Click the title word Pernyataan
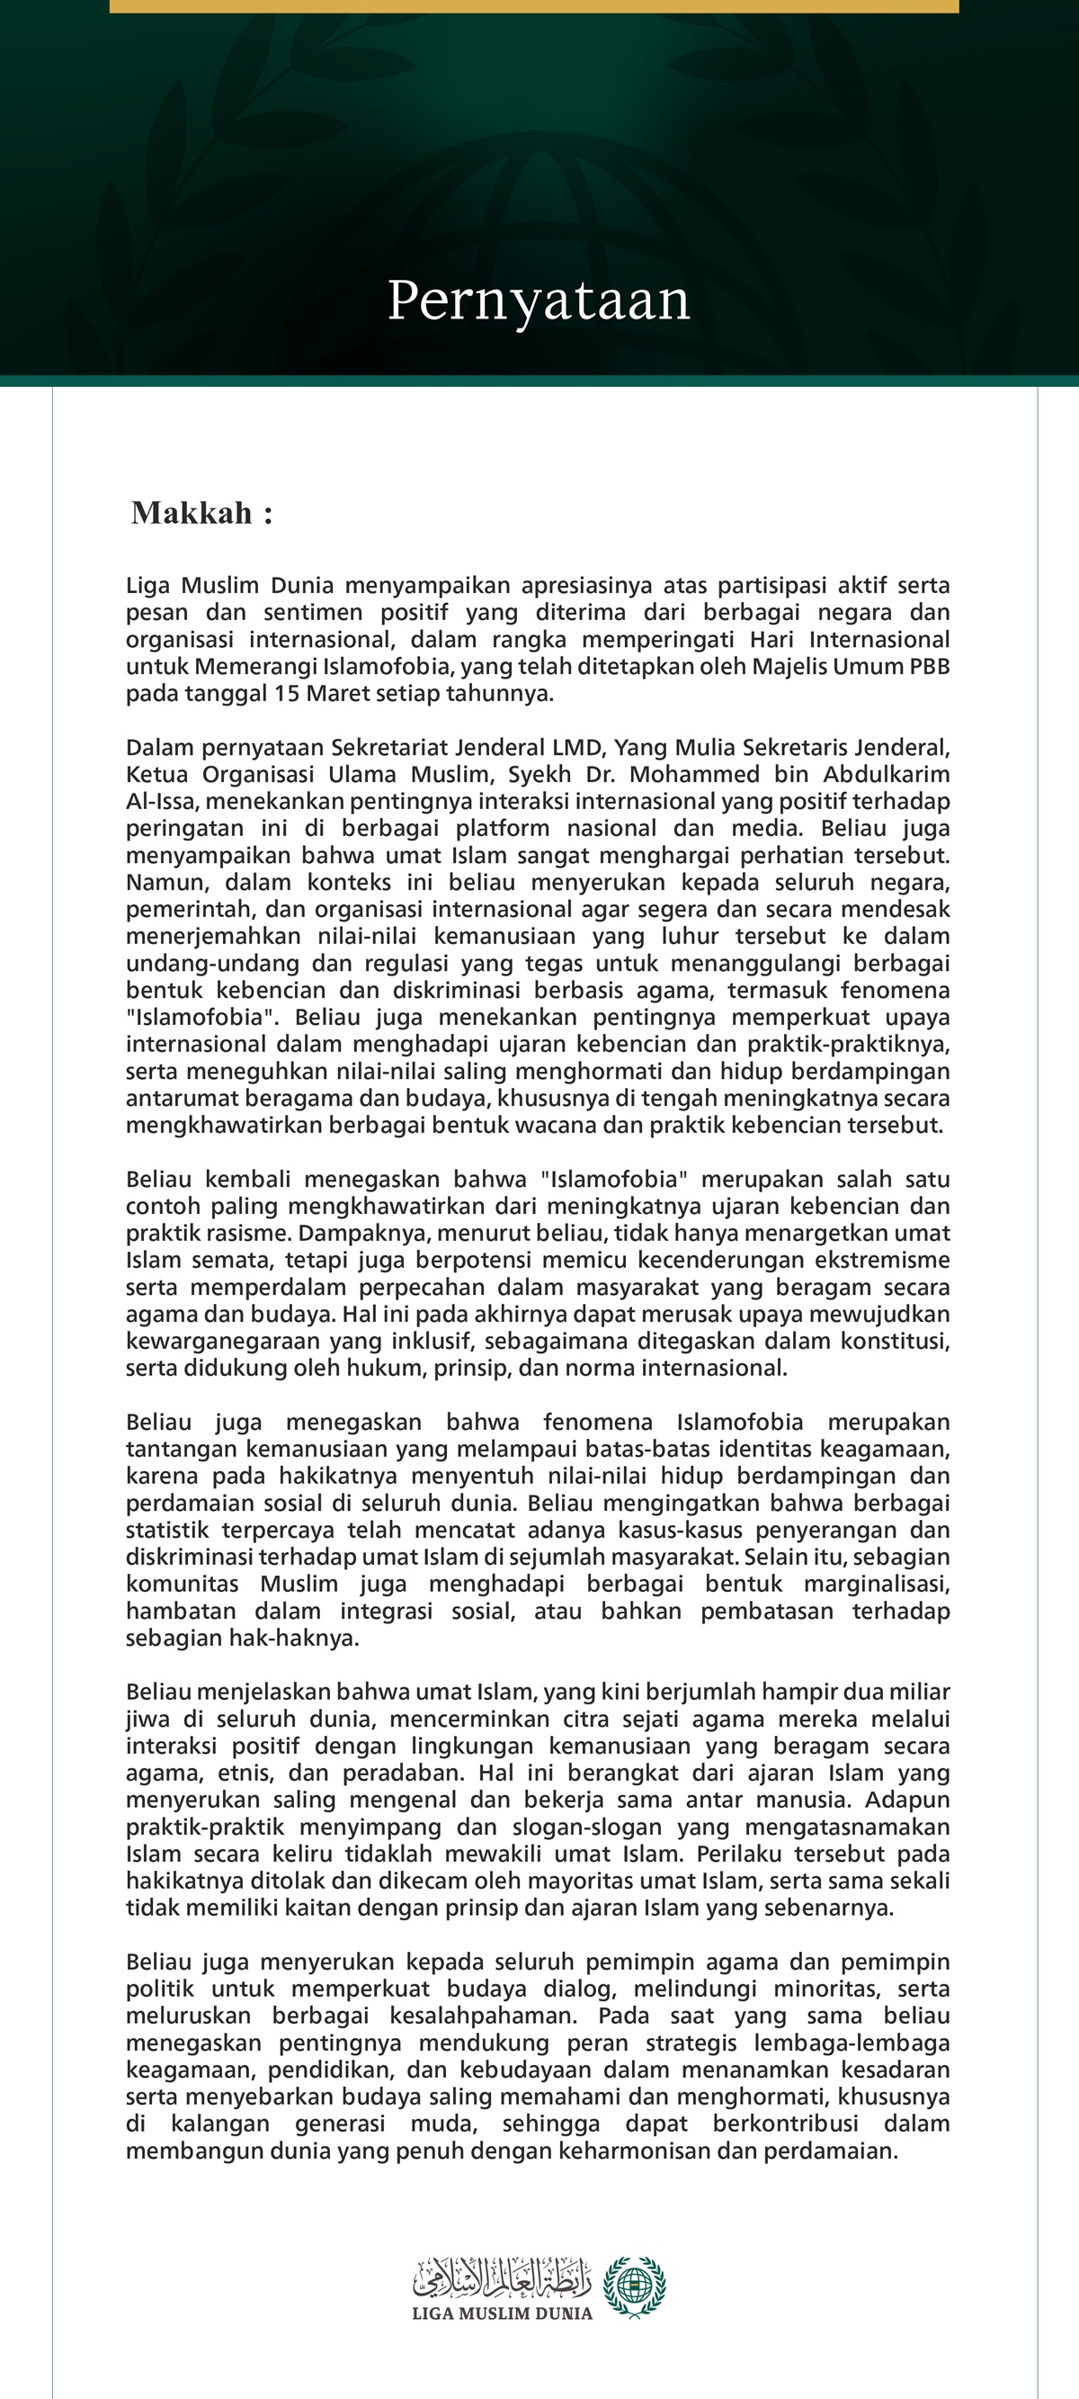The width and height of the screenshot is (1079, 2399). point(538,301)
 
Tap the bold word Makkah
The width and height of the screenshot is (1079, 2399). point(192,512)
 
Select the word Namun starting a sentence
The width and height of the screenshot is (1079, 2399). point(156,882)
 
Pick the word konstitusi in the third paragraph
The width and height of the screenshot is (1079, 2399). point(896,1341)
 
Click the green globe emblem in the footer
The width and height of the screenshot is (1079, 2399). point(634,2287)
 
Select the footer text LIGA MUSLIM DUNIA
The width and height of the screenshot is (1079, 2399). point(502,2314)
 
